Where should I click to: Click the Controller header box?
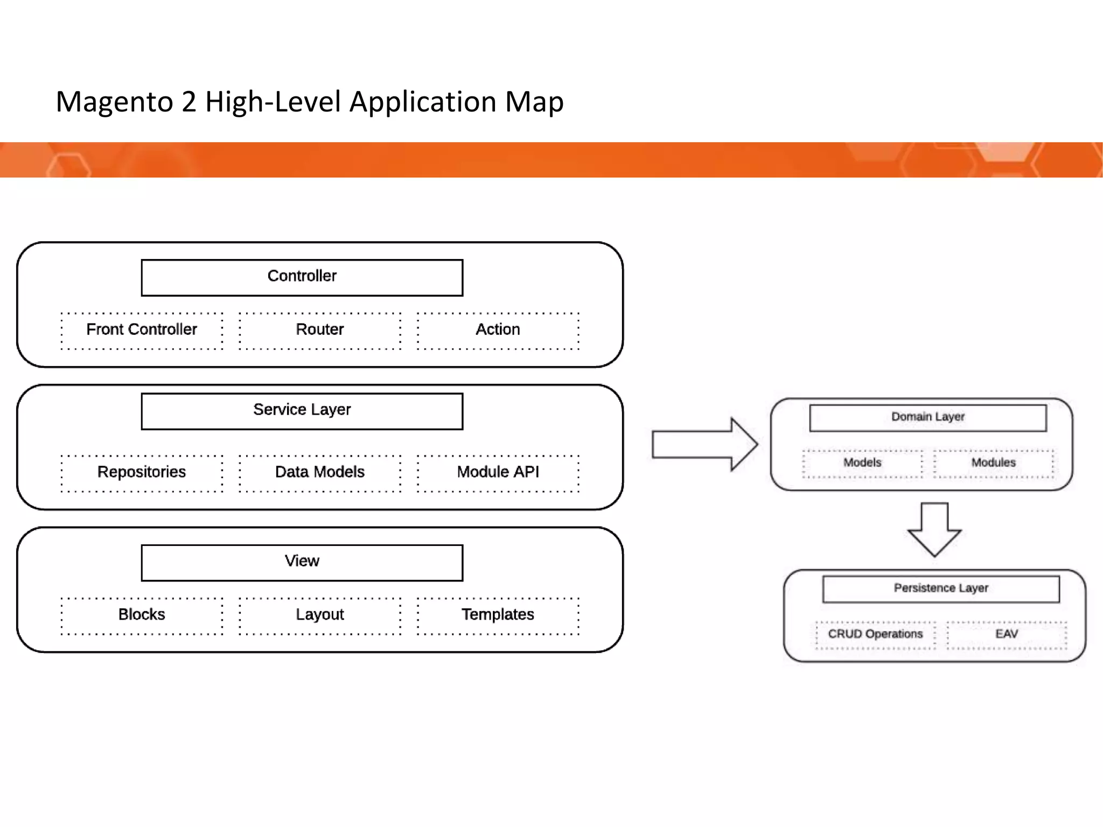pyautogui.click(x=302, y=277)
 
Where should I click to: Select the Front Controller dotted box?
pyautogui.click(x=142, y=331)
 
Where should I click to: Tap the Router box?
pyautogui.click(x=320, y=331)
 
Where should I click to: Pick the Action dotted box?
pyautogui.click(x=498, y=331)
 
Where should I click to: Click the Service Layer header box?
pyautogui.click(x=302, y=411)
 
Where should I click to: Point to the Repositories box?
pyautogui.click(x=142, y=473)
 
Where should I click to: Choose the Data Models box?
pyautogui.click(x=320, y=473)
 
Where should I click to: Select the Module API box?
pyautogui.click(x=498, y=473)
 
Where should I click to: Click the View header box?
pyautogui.click(x=302, y=563)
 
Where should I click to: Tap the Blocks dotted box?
pyautogui.click(x=142, y=616)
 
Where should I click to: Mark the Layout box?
pyautogui.click(x=320, y=616)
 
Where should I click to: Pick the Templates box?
pyautogui.click(x=498, y=616)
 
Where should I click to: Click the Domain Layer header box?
pyautogui.click(x=927, y=418)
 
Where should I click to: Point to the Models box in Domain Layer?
pyautogui.click(x=862, y=464)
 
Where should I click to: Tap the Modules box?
pyautogui.click(x=993, y=464)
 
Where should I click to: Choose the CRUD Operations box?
pyautogui.click(x=875, y=635)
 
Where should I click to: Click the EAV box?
pyautogui.click(x=1006, y=635)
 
